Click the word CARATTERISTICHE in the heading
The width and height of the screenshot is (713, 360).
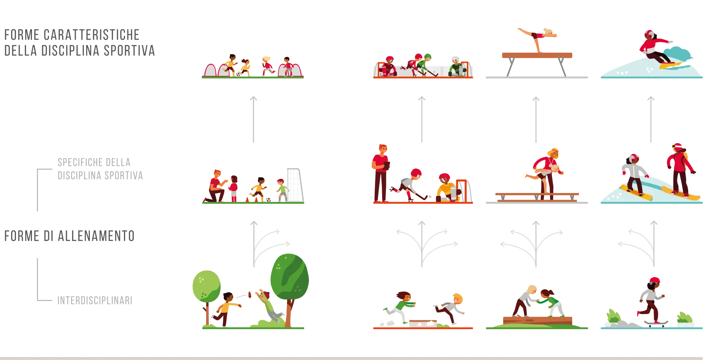[91, 35]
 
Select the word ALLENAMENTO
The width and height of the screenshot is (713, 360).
[96, 236]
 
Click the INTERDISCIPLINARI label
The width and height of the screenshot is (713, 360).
[95, 300]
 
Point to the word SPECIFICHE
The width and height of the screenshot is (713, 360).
[81, 162]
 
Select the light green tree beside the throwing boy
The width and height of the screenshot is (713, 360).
[206, 293]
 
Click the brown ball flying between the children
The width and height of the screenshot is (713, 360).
[250, 294]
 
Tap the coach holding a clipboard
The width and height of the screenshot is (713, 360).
[380, 173]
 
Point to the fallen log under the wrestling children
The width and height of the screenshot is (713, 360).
[537, 320]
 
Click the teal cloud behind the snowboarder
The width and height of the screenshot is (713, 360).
[678, 54]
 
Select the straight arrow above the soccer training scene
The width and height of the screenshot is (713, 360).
[254, 120]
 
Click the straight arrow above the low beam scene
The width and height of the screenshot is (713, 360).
[536, 120]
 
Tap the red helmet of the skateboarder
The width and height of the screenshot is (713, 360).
[655, 280]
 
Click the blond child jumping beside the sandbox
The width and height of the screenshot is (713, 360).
[450, 308]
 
